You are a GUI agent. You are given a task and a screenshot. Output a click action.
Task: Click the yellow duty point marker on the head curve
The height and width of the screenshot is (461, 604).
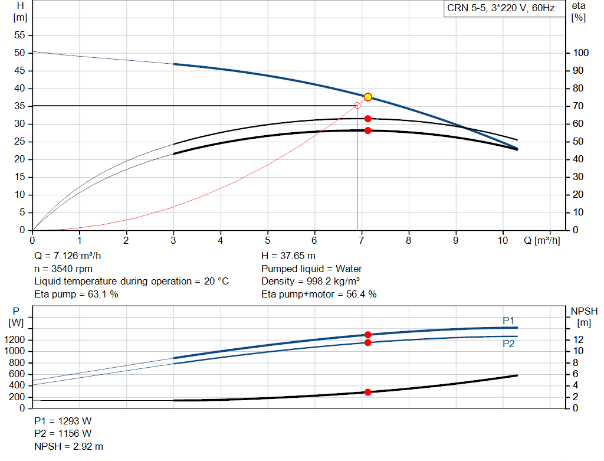point(368,97)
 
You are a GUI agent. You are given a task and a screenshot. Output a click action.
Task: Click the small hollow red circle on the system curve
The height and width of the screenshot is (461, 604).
point(357,106)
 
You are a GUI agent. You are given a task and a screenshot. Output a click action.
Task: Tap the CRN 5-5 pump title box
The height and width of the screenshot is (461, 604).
point(500,9)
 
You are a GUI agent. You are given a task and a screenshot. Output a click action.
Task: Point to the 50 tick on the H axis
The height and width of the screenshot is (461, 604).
point(20,53)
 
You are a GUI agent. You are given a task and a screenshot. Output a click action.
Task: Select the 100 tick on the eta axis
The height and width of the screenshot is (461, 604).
point(581,53)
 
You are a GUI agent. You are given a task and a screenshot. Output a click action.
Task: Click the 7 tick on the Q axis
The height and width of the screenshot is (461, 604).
point(362,240)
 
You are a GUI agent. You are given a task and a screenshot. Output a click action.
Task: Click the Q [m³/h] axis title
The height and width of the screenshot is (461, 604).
point(541,240)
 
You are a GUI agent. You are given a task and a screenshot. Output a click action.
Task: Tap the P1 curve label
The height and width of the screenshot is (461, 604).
point(508,321)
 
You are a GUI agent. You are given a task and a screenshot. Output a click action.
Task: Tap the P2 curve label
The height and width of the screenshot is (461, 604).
point(508,344)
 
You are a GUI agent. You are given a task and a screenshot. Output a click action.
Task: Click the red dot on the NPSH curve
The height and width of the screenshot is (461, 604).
point(368,392)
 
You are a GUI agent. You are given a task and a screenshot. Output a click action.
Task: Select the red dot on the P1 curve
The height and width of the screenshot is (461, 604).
point(368,335)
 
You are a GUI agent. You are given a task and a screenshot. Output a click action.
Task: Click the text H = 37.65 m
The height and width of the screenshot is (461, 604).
point(288,256)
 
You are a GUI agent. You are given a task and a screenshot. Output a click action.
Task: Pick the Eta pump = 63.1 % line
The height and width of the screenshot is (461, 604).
point(76,294)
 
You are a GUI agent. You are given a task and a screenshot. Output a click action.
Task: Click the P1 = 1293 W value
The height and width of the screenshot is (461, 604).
point(63,421)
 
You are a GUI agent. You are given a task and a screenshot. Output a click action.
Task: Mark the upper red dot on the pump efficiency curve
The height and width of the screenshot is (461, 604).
point(368,119)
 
